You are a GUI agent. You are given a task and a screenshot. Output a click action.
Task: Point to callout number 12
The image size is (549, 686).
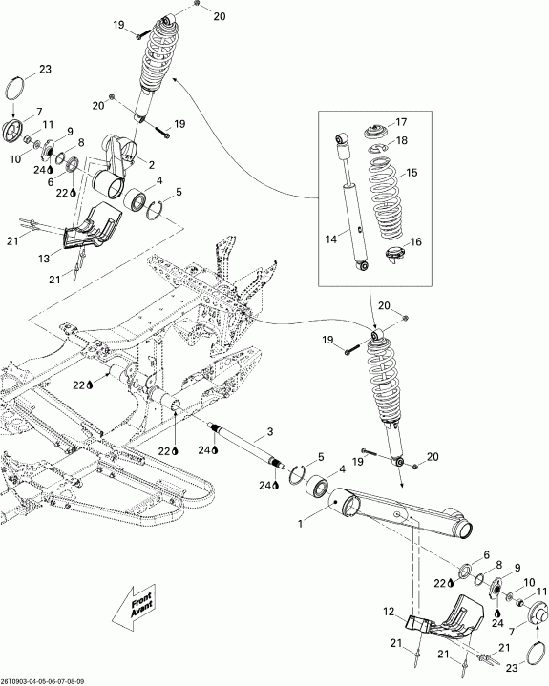[390, 612]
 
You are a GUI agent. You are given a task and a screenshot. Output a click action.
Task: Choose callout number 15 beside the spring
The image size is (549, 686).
[412, 173]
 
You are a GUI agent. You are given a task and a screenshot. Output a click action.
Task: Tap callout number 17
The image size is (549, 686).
[400, 121]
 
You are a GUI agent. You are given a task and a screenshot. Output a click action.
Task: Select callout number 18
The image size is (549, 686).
[401, 140]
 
